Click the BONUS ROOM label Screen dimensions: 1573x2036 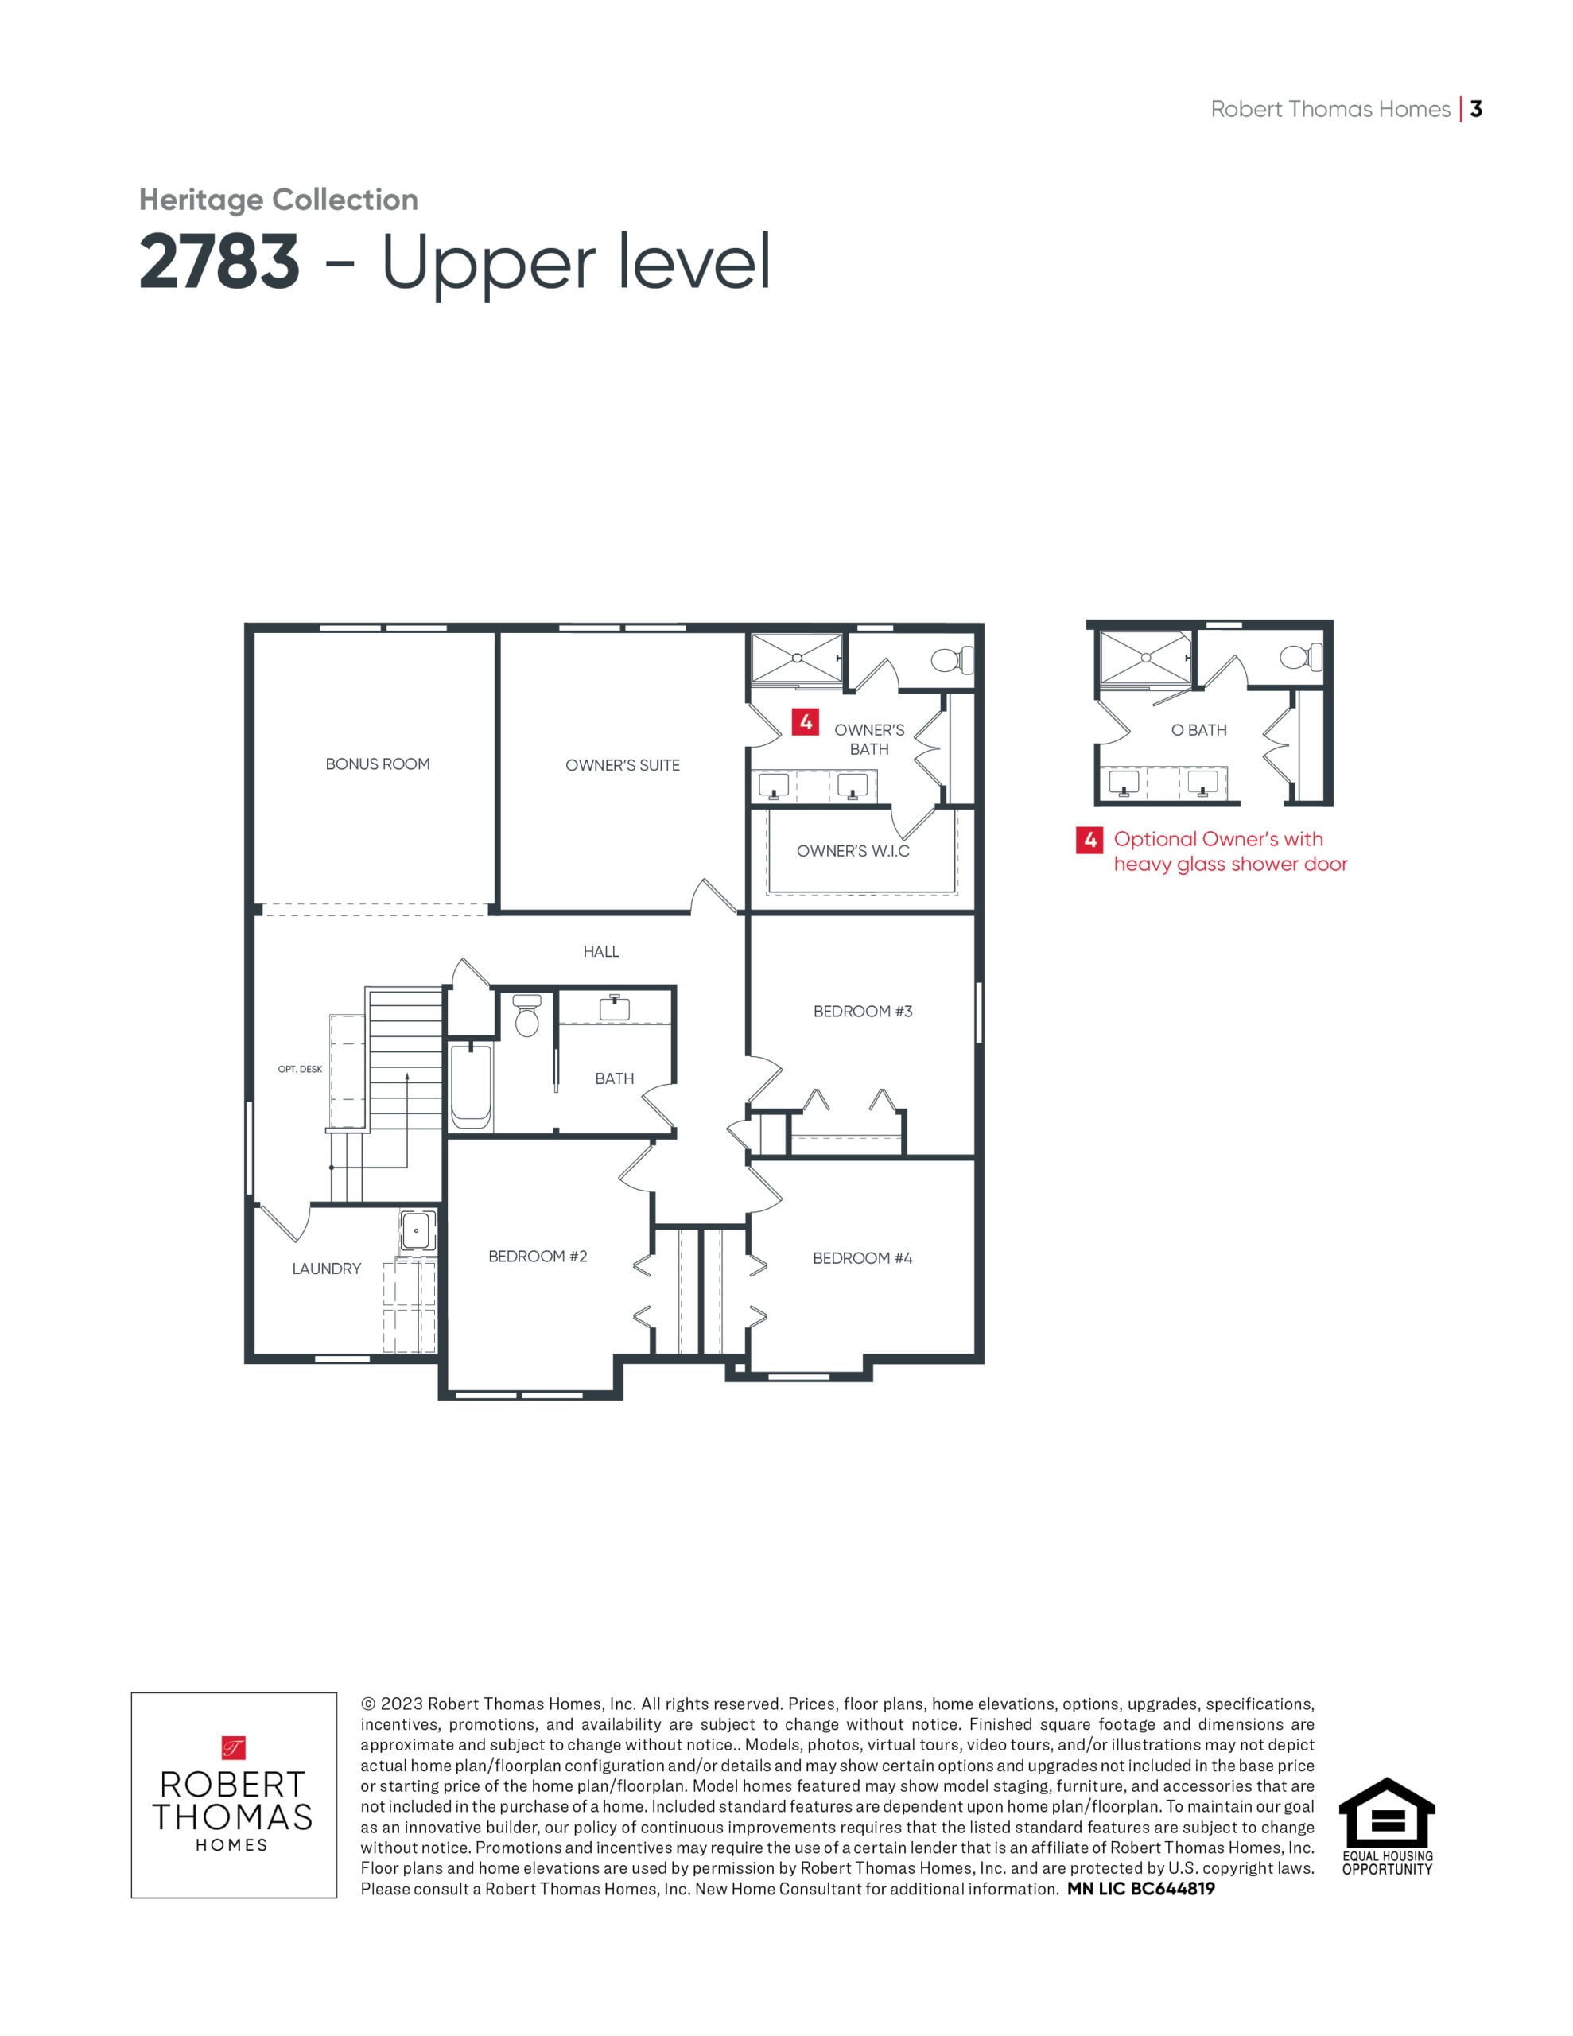pos(378,763)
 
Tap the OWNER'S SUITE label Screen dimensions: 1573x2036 pos(623,765)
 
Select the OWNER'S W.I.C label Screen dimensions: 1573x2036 pos(853,851)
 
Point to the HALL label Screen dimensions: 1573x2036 pos(601,952)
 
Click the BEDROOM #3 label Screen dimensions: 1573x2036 pos(864,1012)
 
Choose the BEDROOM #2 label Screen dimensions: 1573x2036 pos(538,1257)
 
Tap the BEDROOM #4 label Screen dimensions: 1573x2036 pos(864,1258)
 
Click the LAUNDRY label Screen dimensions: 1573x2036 pos(326,1269)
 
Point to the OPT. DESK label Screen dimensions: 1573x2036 pos(301,1069)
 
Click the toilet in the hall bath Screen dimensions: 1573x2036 pos(526,1016)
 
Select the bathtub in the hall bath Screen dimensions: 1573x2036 pos(471,1086)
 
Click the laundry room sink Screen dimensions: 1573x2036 pos(416,1230)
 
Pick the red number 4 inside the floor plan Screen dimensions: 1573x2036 pos(806,721)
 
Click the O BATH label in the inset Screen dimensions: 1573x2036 pos(1199,730)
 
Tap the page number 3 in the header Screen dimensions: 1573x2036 pos(1476,109)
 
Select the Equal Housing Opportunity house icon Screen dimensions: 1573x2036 pos(1387,1813)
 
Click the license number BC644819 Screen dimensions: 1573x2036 pos(1172,1889)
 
